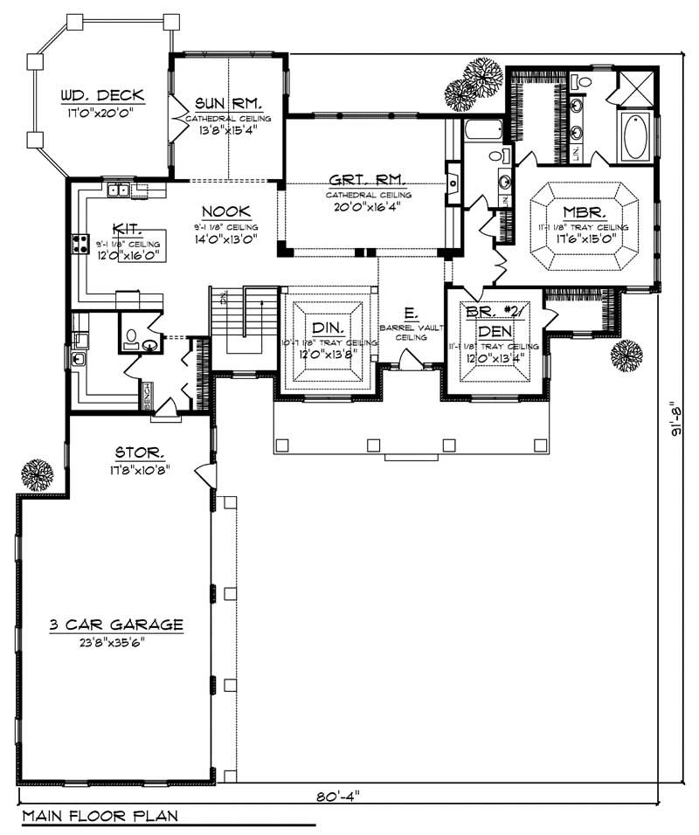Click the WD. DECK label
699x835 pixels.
tap(101, 95)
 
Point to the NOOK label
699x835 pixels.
tap(226, 211)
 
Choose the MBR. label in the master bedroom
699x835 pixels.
tap(580, 212)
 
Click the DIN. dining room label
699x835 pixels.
tap(328, 325)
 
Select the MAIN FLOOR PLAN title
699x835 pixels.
tap(100, 817)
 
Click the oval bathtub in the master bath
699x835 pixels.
tap(634, 136)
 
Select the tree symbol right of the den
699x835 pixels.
tap(626, 355)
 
